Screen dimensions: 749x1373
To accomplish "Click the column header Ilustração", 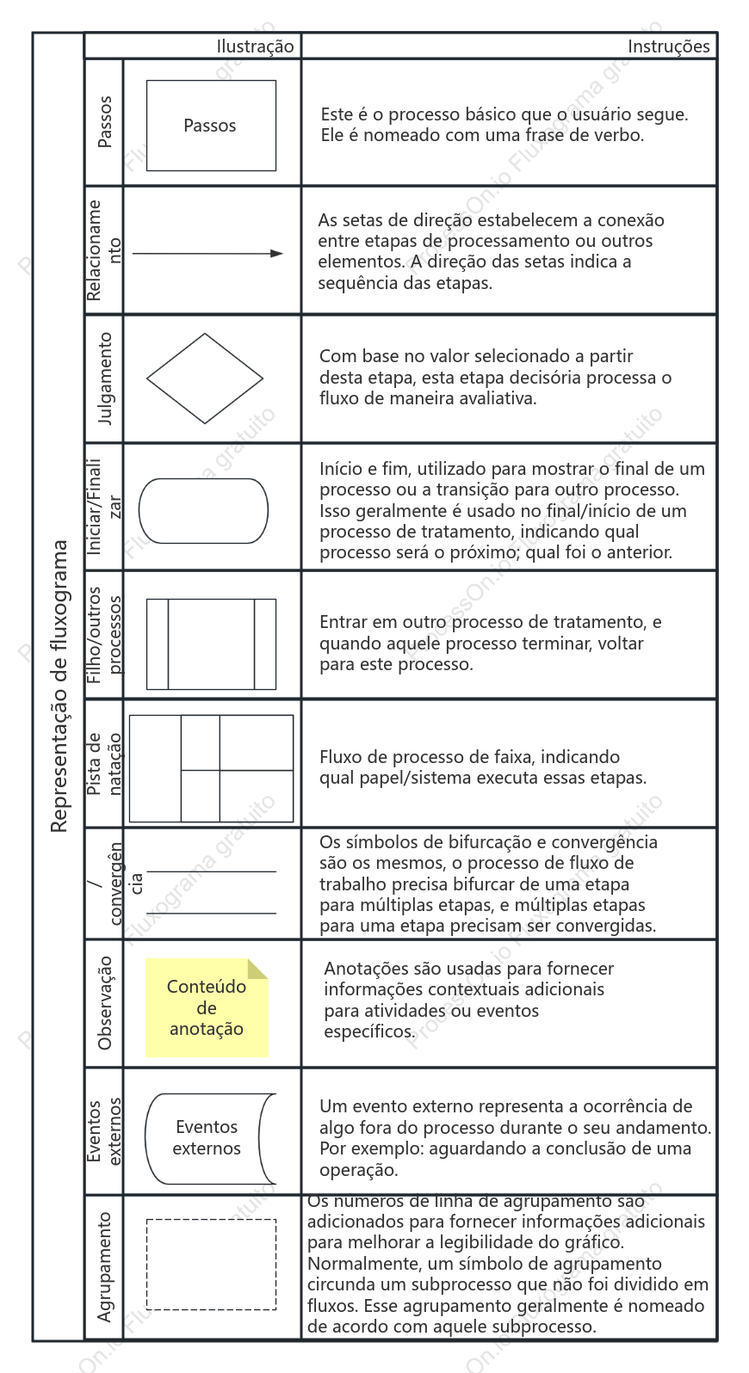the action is pyautogui.click(x=255, y=46).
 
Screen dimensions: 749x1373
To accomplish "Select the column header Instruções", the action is pyautogui.click(x=669, y=46).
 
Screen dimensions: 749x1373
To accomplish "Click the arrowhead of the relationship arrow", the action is pyautogui.click(x=276, y=253).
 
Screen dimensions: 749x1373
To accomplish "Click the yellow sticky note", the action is pyautogui.click(x=207, y=1007).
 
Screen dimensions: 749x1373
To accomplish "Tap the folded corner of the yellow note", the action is pyautogui.click(x=257, y=969).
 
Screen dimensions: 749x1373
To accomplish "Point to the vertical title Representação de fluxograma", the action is pyautogui.click(x=59, y=686).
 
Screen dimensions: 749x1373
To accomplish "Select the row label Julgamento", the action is pyautogui.click(x=105, y=379).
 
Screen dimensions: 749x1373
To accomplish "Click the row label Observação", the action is pyautogui.click(x=105, y=1003).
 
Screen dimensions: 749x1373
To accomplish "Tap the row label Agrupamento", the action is pyautogui.click(x=105, y=1267).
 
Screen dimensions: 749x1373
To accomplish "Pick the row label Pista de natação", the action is pyautogui.click(x=104, y=764).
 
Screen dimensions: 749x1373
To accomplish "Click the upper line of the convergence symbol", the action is pyautogui.click(x=211, y=871).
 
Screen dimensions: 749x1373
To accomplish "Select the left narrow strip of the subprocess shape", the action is pyautogui.click(x=157, y=644).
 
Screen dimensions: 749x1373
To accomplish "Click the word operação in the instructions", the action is pyautogui.click(x=359, y=1169).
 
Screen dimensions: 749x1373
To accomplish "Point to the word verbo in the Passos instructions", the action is pyautogui.click(x=618, y=135).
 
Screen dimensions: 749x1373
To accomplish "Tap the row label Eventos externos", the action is pyautogui.click(x=104, y=1131).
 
